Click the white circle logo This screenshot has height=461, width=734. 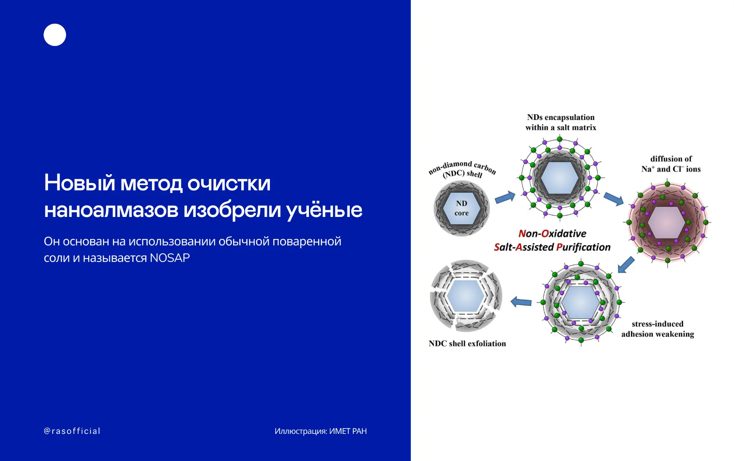tap(55, 35)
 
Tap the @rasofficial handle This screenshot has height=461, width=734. tap(72, 431)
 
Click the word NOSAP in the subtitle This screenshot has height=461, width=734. tap(170, 258)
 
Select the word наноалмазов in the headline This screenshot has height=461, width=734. tap(111, 210)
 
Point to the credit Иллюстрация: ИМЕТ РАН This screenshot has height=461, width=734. tap(320, 431)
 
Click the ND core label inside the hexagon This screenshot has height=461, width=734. tap(461, 208)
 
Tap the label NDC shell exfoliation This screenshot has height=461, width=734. tap(467, 343)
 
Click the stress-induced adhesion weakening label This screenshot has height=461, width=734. tap(658, 329)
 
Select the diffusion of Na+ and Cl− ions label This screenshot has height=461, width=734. tap(671, 164)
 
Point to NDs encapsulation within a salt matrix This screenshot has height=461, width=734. tap(561, 122)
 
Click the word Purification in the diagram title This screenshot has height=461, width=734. tap(583, 247)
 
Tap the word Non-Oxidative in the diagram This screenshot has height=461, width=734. tap(552, 233)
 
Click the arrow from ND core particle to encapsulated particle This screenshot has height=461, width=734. tap(505, 197)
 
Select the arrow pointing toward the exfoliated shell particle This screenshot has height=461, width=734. tap(521, 302)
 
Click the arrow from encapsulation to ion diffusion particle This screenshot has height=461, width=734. tap(614, 199)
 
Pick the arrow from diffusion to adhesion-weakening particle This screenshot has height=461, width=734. tap(626, 264)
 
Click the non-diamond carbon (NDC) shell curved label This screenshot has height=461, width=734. tap(463, 169)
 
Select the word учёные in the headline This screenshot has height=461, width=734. tap(324, 210)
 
